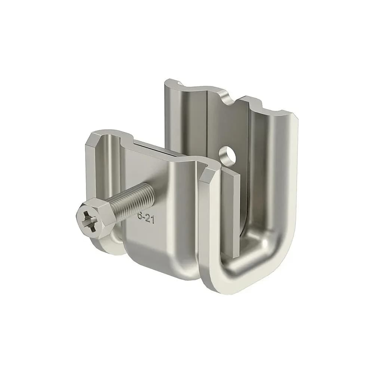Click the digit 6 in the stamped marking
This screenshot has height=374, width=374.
click(x=140, y=216)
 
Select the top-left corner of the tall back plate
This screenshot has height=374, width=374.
click(x=165, y=83)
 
